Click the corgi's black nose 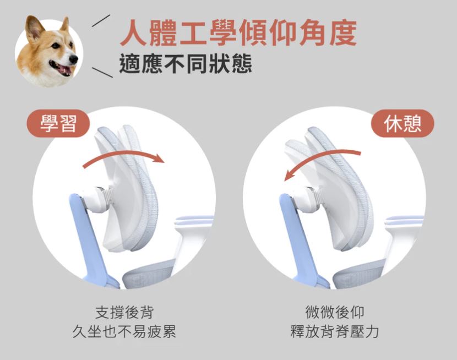(x=74, y=59)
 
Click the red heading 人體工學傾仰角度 (x=238, y=34)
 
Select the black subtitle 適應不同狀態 (x=186, y=64)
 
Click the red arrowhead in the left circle (x=159, y=159)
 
